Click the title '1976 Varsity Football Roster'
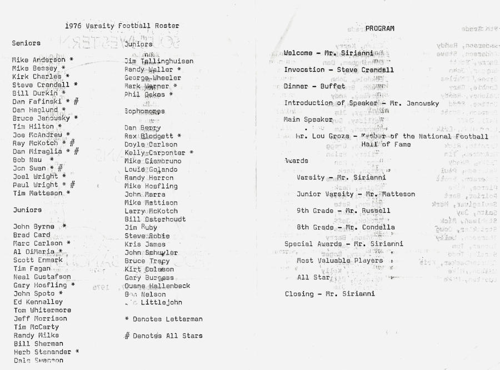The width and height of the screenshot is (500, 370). tap(122, 26)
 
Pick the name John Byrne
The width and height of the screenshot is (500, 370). tap(34, 227)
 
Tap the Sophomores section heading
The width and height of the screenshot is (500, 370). tap(144, 111)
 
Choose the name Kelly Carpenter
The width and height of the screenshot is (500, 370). tap(155, 153)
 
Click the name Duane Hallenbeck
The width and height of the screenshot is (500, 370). tap(157, 286)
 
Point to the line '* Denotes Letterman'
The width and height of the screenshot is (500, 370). tap(163, 319)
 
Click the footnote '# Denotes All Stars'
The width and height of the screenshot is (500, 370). tap(163, 336)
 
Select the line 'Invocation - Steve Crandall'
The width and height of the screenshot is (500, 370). tap(338, 70)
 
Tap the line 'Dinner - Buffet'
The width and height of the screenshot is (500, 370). tap(314, 87)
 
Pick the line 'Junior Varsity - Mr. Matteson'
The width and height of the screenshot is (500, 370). tap(356, 194)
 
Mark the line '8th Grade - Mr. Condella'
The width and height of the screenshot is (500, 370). tap(346, 227)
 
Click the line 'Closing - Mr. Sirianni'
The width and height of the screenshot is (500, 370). tap(329, 294)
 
